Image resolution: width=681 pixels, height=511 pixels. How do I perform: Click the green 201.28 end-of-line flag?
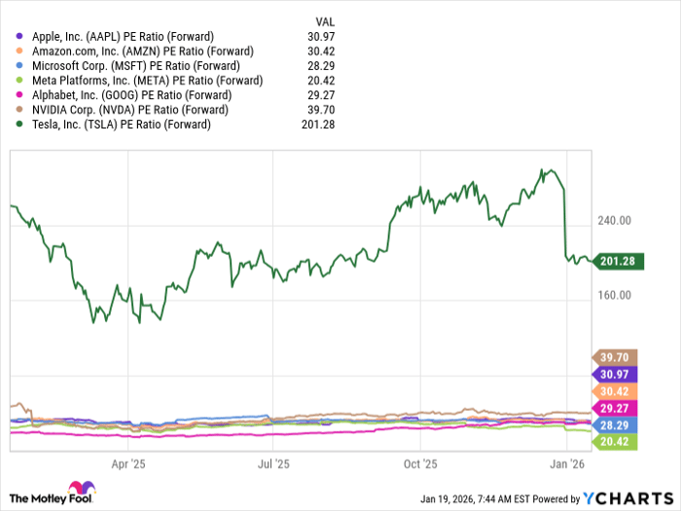pos(616,261)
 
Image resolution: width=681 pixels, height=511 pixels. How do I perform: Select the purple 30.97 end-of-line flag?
pos(616,374)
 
